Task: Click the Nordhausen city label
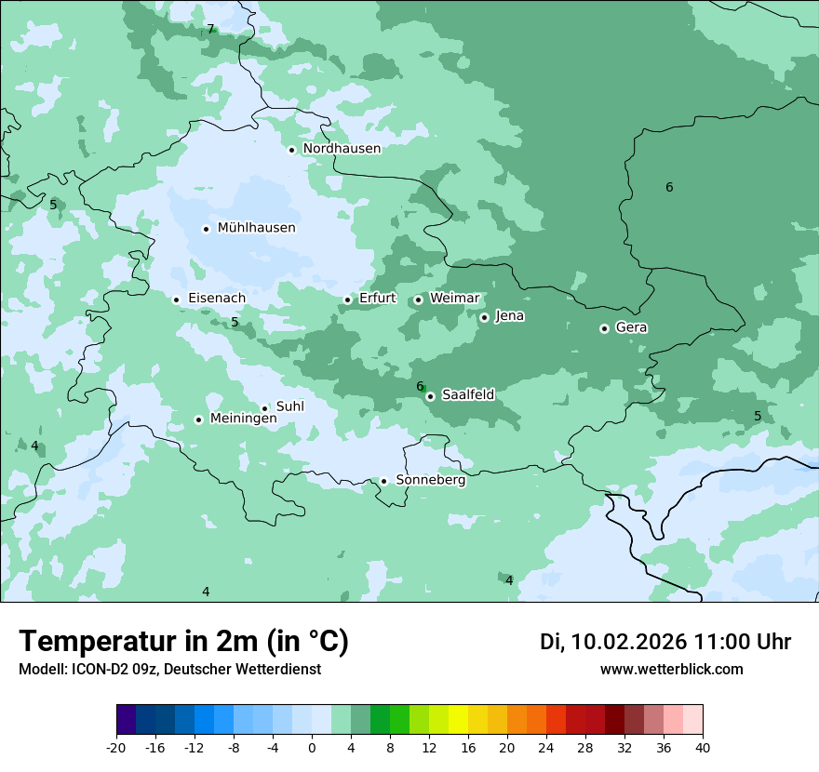342,149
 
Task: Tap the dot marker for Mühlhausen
207,229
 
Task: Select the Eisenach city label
217,299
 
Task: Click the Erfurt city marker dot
348,299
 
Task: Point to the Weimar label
454,299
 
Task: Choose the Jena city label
509,316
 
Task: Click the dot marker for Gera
605,328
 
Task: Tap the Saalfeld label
467,395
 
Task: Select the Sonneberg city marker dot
383,481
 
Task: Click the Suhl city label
290,406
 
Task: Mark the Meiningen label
243,419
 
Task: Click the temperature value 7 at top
210,30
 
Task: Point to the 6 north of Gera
669,188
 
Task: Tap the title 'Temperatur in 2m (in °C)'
184,641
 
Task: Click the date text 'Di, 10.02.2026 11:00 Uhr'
665,642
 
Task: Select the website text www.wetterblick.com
671,670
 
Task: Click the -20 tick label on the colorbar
116,747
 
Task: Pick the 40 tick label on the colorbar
702,747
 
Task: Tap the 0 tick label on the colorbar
312,747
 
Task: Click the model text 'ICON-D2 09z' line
169,670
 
